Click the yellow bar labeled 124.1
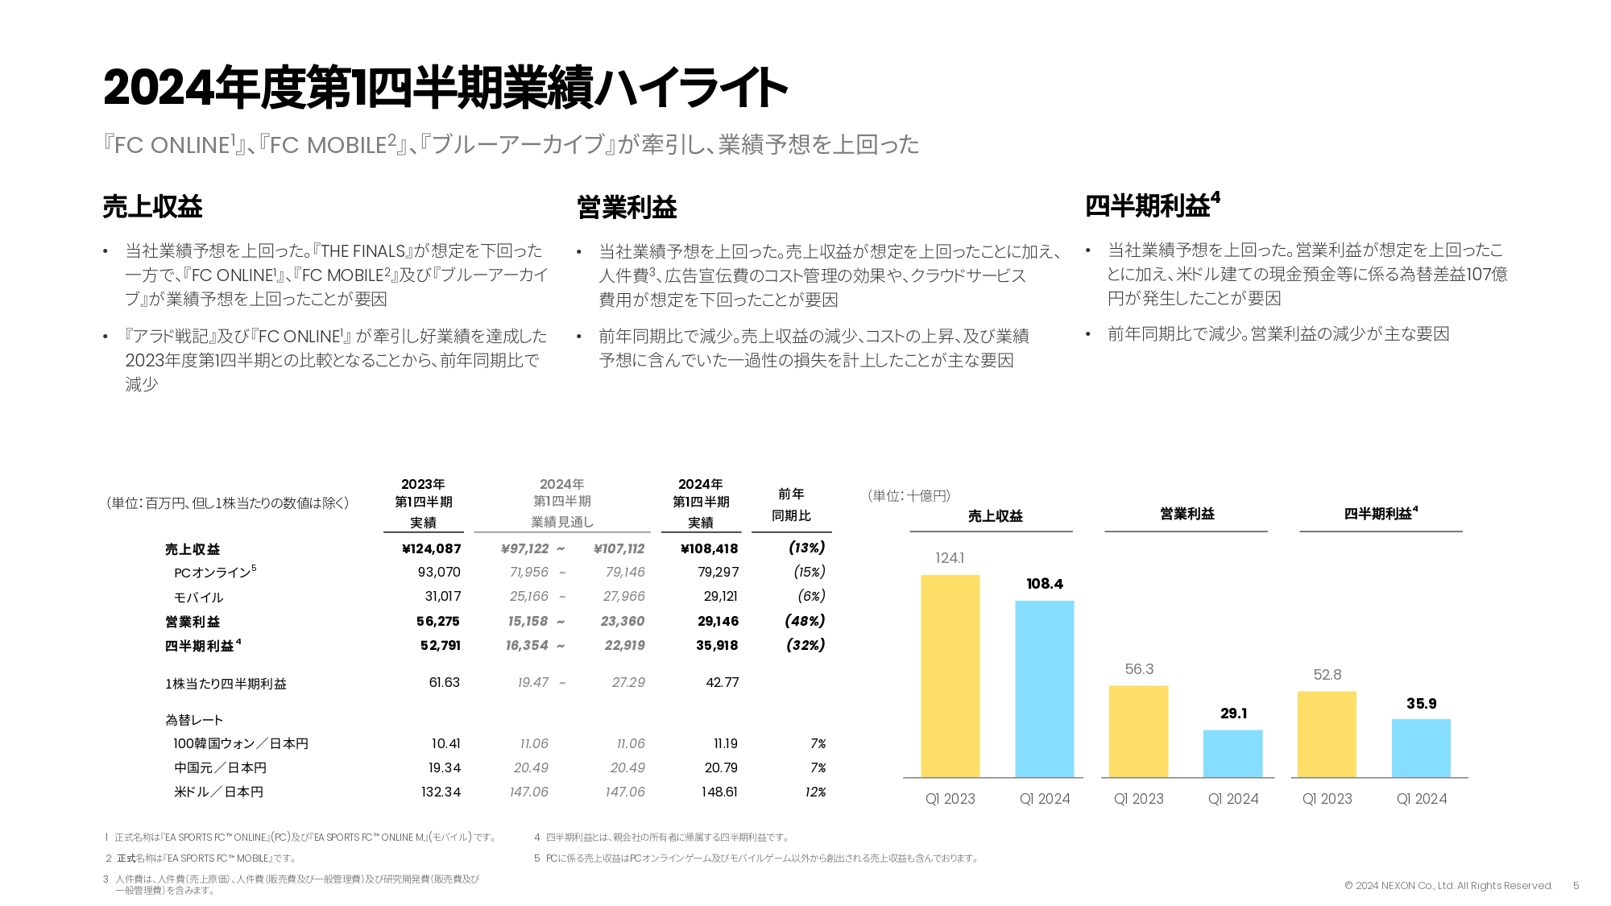point(950,676)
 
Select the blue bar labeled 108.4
point(1044,689)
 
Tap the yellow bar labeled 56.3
point(1138,731)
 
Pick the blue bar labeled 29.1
point(1232,753)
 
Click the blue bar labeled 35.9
point(1421,747)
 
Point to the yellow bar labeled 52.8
point(1327,734)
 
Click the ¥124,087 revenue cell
point(431,549)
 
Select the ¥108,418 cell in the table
point(709,549)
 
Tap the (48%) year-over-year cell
point(805,621)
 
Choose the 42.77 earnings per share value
point(722,682)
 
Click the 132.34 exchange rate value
point(441,792)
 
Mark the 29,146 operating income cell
point(718,621)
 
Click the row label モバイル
point(198,598)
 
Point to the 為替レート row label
point(194,720)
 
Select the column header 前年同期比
point(791,505)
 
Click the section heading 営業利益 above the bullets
point(627,208)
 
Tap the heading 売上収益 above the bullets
point(152,207)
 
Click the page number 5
point(1576,886)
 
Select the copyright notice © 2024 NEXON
point(1447,886)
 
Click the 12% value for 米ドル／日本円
point(815,792)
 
